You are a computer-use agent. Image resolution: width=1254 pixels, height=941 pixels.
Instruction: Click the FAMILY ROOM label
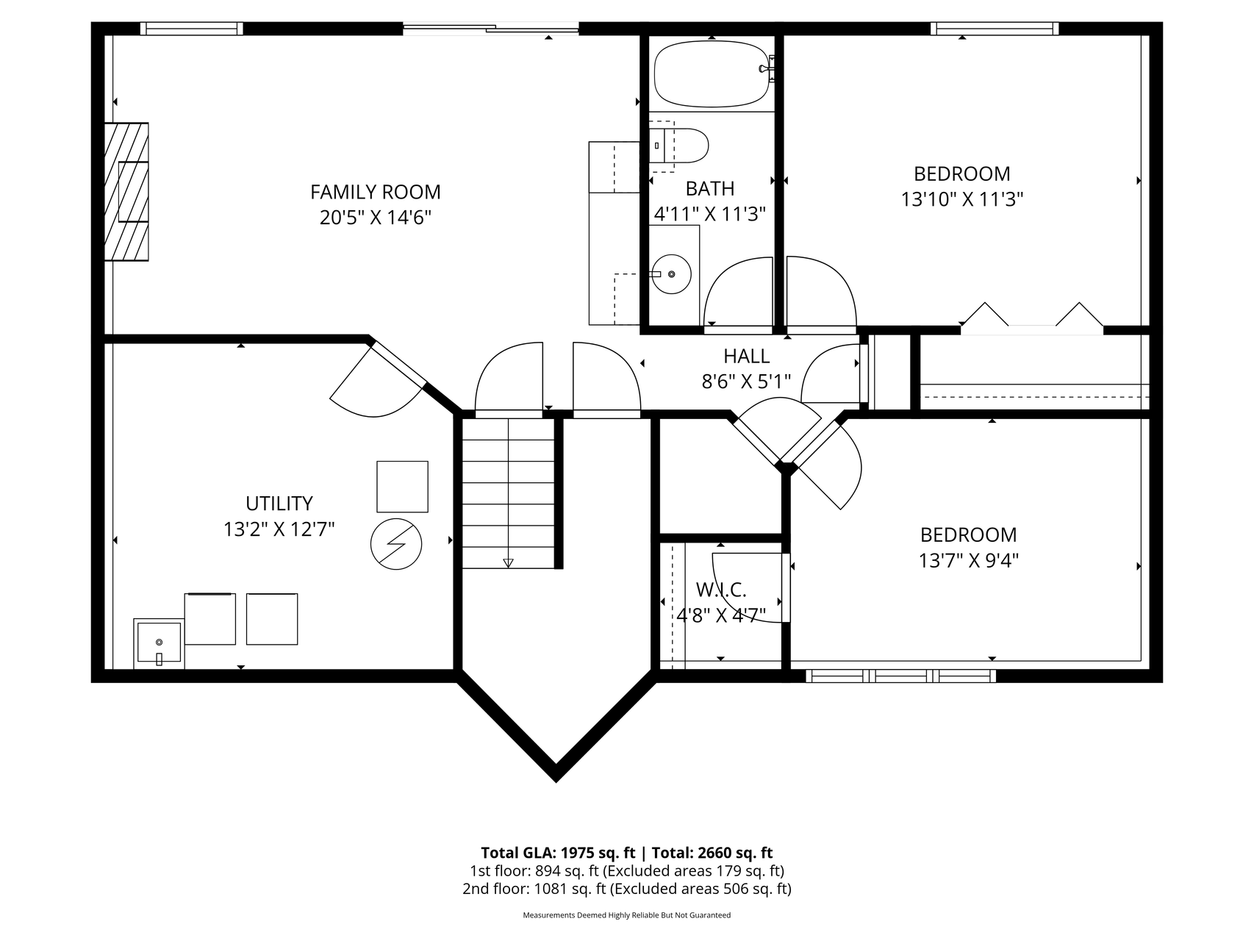tap(375, 192)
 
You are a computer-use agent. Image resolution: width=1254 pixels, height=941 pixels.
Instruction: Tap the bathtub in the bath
tap(711, 74)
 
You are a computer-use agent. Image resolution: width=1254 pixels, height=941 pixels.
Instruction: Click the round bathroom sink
tap(671, 274)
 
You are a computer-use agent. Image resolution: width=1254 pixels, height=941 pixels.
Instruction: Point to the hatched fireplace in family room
tap(126, 192)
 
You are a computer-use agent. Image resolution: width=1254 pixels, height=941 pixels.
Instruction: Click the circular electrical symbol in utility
tap(396, 545)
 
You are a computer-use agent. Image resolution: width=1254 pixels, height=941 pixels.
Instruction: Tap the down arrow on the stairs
tap(508, 562)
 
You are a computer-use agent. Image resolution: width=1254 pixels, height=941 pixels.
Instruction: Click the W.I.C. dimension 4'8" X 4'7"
tap(720, 615)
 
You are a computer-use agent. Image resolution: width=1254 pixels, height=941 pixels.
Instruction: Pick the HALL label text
tap(746, 357)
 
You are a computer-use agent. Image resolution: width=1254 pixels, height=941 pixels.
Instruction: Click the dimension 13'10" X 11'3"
tap(961, 199)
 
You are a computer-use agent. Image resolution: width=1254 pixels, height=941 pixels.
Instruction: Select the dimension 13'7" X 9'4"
tap(968, 561)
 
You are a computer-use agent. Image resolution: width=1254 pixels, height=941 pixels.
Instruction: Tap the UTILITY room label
tap(279, 504)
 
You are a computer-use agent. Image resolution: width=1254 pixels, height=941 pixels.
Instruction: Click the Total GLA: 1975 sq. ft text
tap(557, 853)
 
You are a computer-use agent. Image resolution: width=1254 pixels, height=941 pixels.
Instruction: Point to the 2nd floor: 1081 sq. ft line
tap(626, 889)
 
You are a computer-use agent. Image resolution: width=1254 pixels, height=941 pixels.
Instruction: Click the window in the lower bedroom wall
tap(900, 675)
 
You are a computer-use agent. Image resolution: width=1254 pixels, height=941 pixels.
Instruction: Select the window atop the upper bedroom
tap(994, 29)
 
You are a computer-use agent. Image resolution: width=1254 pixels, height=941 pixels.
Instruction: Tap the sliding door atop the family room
tap(490, 29)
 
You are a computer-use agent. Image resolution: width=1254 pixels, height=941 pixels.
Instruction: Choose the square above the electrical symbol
tap(402, 487)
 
